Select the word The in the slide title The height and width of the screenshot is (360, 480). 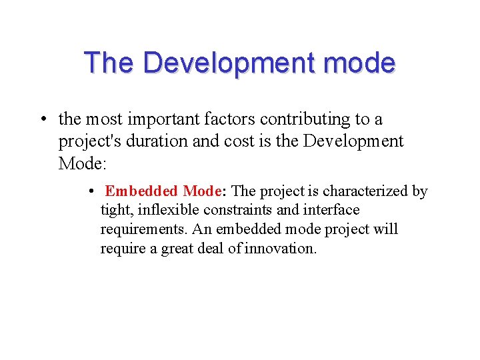click(109, 63)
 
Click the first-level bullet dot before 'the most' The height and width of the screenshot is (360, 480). click(42, 120)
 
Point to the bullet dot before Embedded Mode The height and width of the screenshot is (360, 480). click(91, 191)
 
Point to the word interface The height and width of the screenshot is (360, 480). click(331, 210)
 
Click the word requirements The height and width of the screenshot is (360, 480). click(141, 229)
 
